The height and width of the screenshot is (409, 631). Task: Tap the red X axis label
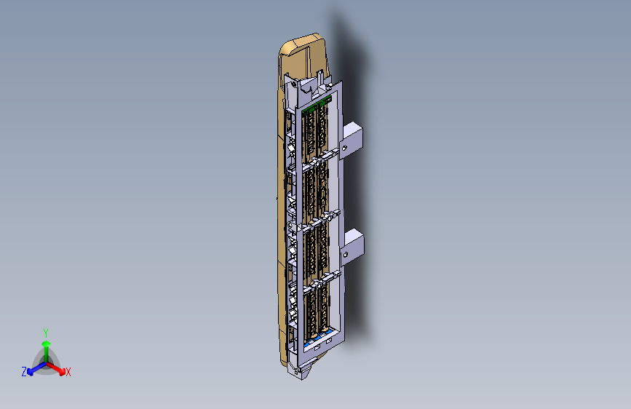[x=68, y=373]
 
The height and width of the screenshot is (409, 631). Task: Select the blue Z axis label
[x=24, y=372]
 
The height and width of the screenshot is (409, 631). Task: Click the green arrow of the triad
[x=45, y=345]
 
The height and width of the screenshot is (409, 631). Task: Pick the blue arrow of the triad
[x=33, y=368]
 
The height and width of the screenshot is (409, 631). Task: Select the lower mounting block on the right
[x=353, y=242]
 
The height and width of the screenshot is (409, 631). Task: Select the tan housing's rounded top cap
[x=300, y=44]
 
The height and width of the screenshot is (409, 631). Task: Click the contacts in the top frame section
[x=315, y=131]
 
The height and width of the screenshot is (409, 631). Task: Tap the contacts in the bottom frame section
[x=315, y=309]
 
